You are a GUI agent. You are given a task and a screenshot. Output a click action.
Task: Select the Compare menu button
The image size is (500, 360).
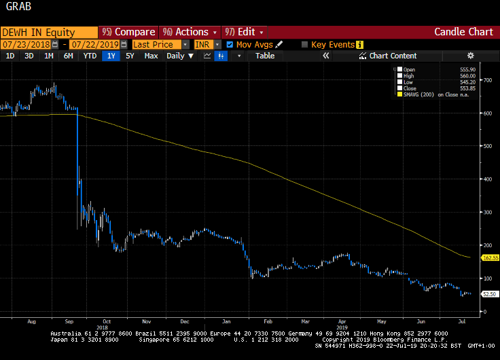point(129,32)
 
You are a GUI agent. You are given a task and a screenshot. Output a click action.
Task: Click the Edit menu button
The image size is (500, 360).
point(245,32)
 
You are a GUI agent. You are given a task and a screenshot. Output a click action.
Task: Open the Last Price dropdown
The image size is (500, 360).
point(160,44)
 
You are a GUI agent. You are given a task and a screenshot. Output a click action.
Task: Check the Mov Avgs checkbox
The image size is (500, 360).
point(230,44)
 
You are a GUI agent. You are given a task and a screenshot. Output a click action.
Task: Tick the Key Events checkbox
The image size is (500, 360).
point(305,44)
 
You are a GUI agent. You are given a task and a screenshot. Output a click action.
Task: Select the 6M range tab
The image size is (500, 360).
point(68,56)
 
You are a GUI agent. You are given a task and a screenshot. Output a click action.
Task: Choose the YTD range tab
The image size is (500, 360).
point(90,56)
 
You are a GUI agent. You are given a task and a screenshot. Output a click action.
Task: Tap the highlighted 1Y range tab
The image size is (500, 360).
point(111,56)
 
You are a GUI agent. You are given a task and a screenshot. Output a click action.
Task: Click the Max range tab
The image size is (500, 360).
point(151,56)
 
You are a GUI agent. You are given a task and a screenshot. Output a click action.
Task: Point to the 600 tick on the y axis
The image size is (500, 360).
point(487,113)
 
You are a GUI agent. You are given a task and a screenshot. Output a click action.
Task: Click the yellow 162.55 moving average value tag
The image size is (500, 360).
point(490,258)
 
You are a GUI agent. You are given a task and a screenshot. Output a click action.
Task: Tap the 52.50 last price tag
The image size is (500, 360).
point(488,294)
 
